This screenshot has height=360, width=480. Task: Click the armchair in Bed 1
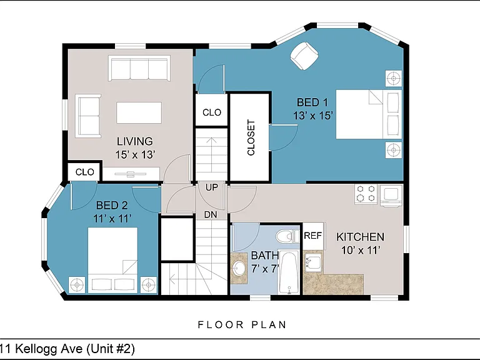pyautogui.click(x=304, y=56)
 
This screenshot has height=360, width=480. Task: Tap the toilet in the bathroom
pyautogui.click(x=287, y=236)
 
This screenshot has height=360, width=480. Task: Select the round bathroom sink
pyautogui.click(x=239, y=269)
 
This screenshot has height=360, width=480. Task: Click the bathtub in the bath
pyautogui.click(x=289, y=272)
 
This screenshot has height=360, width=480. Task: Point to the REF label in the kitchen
pyautogui.click(x=312, y=236)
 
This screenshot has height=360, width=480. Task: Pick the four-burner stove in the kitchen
pyautogui.click(x=366, y=194)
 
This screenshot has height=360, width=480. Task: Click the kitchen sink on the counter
pyautogui.click(x=313, y=262)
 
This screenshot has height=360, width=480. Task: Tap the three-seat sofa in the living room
pyautogui.click(x=139, y=68)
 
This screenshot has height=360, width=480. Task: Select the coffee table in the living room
pyautogui.click(x=139, y=112)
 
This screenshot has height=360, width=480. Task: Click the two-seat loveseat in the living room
pyautogui.click(x=88, y=116)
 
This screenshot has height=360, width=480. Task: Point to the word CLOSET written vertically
pyautogui.click(x=251, y=137)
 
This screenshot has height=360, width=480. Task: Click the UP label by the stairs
pyautogui.click(x=211, y=187)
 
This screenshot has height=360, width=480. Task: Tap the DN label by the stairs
pyautogui.click(x=211, y=214)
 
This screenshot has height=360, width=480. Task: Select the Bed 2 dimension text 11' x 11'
pyautogui.click(x=112, y=219)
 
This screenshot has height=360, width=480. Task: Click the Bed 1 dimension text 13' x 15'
pyautogui.click(x=313, y=116)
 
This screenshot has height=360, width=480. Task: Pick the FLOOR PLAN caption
pyautogui.click(x=242, y=324)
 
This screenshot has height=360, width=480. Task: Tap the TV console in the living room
pyautogui.click(x=131, y=174)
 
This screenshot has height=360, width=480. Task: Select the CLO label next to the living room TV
pyautogui.click(x=85, y=172)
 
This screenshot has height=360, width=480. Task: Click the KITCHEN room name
pyautogui.click(x=360, y=237)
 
